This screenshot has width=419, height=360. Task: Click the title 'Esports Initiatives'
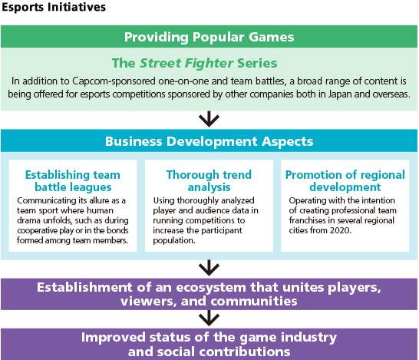[54, 7]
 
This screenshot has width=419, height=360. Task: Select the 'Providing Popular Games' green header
[209, 37]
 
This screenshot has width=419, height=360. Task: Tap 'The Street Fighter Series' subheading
[195, 63]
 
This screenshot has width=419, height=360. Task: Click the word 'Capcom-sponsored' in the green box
[114, 81]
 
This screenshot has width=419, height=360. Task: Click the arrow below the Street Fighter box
[209, 119]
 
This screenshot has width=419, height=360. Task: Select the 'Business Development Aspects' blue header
[209, 140]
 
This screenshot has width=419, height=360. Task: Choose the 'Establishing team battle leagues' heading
[73, 181]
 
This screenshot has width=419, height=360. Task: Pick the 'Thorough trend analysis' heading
[209, 181]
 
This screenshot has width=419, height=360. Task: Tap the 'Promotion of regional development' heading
[345, 181]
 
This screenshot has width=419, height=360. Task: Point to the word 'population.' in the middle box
[174, 240]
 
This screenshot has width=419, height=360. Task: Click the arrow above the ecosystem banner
[209, 268]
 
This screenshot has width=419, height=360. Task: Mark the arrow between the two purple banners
[209, 319]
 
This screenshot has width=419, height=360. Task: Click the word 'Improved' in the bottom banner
[114, 338]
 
